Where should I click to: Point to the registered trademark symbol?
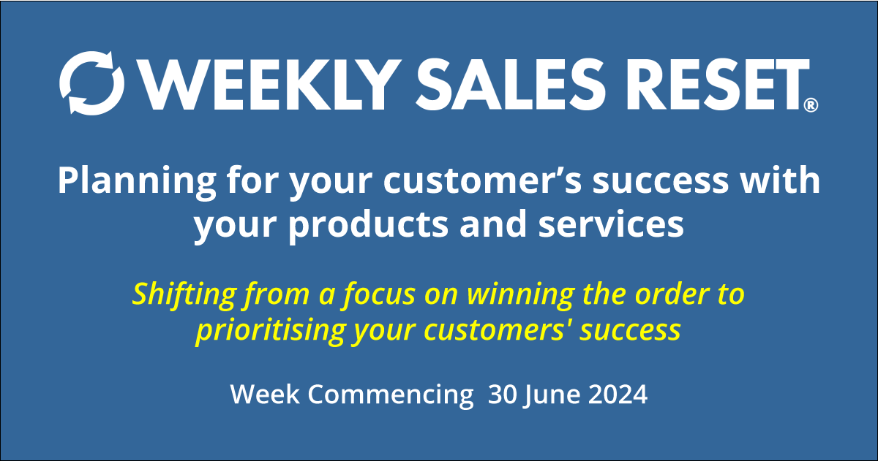pyautogui.click(x=811, y=106)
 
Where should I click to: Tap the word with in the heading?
pyautogui.click(x=787, y=181)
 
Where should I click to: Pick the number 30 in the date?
pyautogui.click(x=503, y=395)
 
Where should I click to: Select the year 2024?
pyautogui.click(x=618, y=395)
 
